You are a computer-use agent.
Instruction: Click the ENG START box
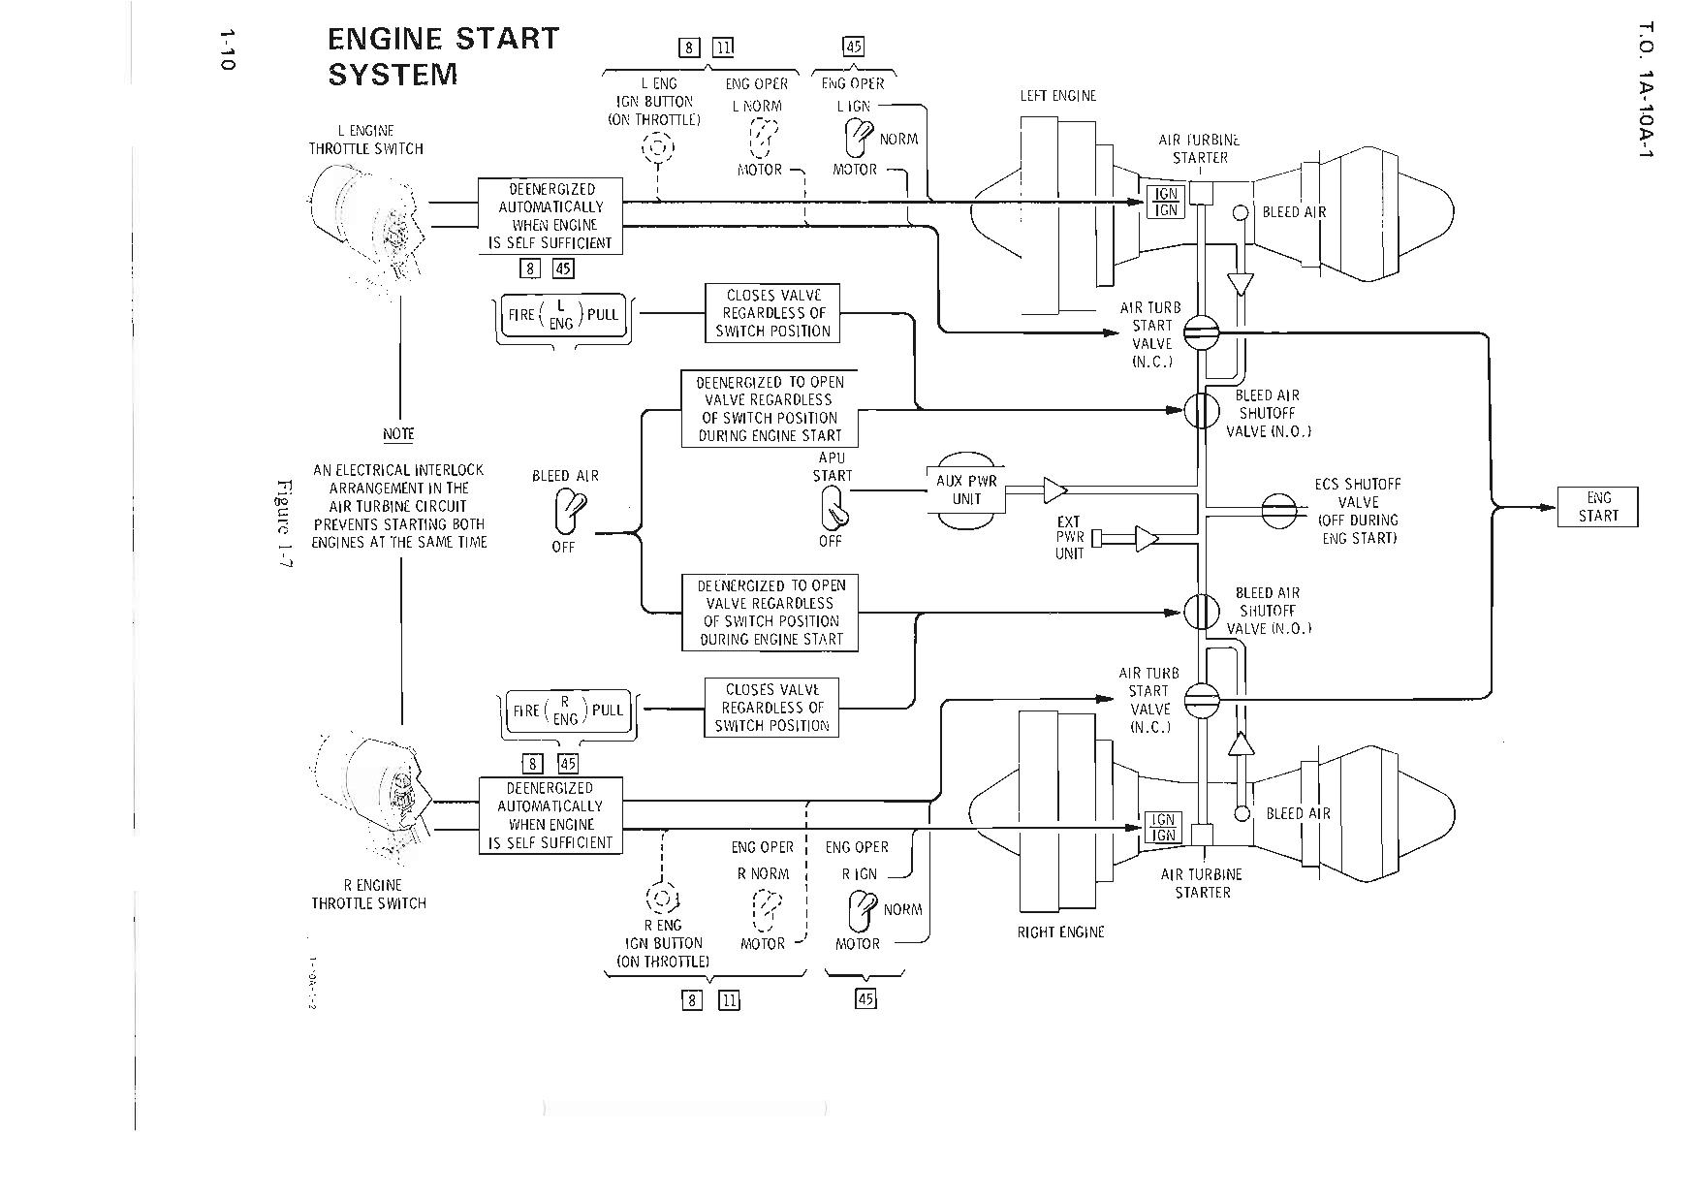[x=1597, y=506]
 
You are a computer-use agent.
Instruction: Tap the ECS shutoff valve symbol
[x=1278, y=508]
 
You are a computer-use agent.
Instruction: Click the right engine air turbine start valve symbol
[x=1202, y=698]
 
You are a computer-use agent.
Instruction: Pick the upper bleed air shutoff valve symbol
[x=1202, y=411]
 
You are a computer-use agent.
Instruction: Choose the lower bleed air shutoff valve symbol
[x=1202, y=612]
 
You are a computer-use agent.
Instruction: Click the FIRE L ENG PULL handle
[x=563, y=314]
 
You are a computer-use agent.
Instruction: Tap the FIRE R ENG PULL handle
[x=567, y=711]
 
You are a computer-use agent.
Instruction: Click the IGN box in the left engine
[x=1166, y=202]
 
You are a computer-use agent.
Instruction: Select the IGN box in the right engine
[x=1161, y=827]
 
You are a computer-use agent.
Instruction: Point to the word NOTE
[x=398, y=434]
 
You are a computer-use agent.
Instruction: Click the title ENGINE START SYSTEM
[x=443, y=56]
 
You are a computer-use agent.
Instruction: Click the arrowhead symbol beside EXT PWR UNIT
[x=1147, y=538]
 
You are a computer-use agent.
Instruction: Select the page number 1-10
[x=227, y=49]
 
